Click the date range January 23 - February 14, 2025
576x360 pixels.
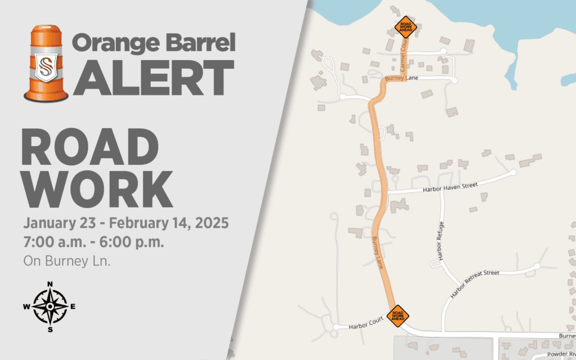pyautogui.click(x=126, y=223)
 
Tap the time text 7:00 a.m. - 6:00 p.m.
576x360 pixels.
pyautogui.click(x=93, y=243)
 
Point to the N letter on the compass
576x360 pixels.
pyautogui.click(x=50, y=285)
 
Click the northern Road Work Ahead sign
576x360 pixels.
pyautogui.click(x=406, y=26)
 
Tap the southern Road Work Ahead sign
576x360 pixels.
pyautogui.click(x=398, y=316)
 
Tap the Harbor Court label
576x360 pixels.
pyautogui.click(x=366, y=321)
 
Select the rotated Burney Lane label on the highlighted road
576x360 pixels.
pyautogui.click(x=376, y=253)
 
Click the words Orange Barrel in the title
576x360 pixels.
pyautogui.click(x=154, y=43)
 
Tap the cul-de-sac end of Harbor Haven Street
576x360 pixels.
pyautogui.click(x=513, y=173)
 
